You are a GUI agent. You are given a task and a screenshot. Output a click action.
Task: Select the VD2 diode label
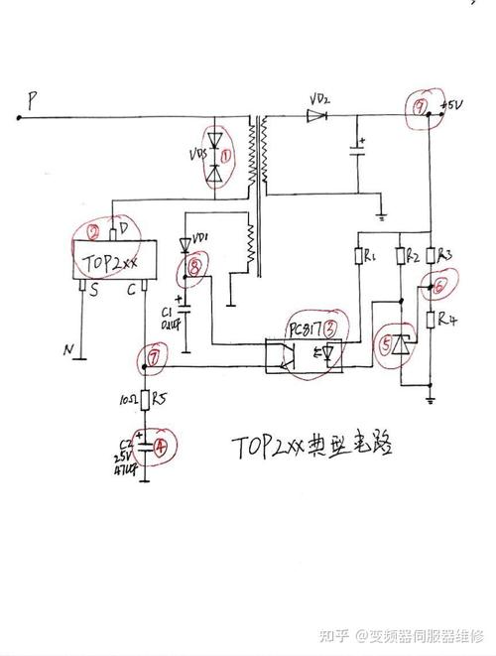pyautogui.click(x=319, y=100)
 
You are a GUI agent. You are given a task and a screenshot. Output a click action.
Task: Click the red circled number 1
pyautogui.click(x=226, y=156)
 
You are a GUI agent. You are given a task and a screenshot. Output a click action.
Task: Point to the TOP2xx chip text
pyautogui.click(x=110, y=265)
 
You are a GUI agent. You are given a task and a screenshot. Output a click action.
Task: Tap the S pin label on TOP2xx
pyautogui.click(x=93, y=291)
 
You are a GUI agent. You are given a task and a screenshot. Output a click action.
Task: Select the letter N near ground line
pyautogui.click(x=68, y=349)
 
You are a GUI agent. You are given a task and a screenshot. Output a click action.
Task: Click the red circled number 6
pyautogui.click(x=440, y=286)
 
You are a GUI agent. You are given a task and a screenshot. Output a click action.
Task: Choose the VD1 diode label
pyautogui.click(x=201, y=238)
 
